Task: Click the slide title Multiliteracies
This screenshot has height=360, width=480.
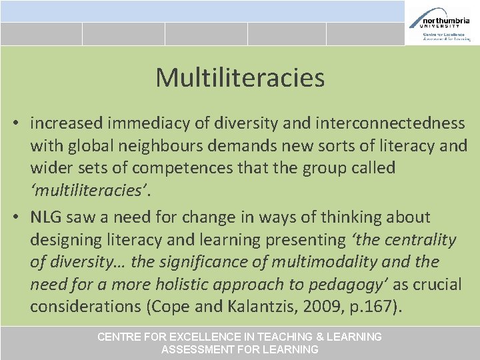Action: (240, 78)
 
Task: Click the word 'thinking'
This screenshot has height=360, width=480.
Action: (350, 217)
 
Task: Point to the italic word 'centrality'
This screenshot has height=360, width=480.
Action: (421, 240)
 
